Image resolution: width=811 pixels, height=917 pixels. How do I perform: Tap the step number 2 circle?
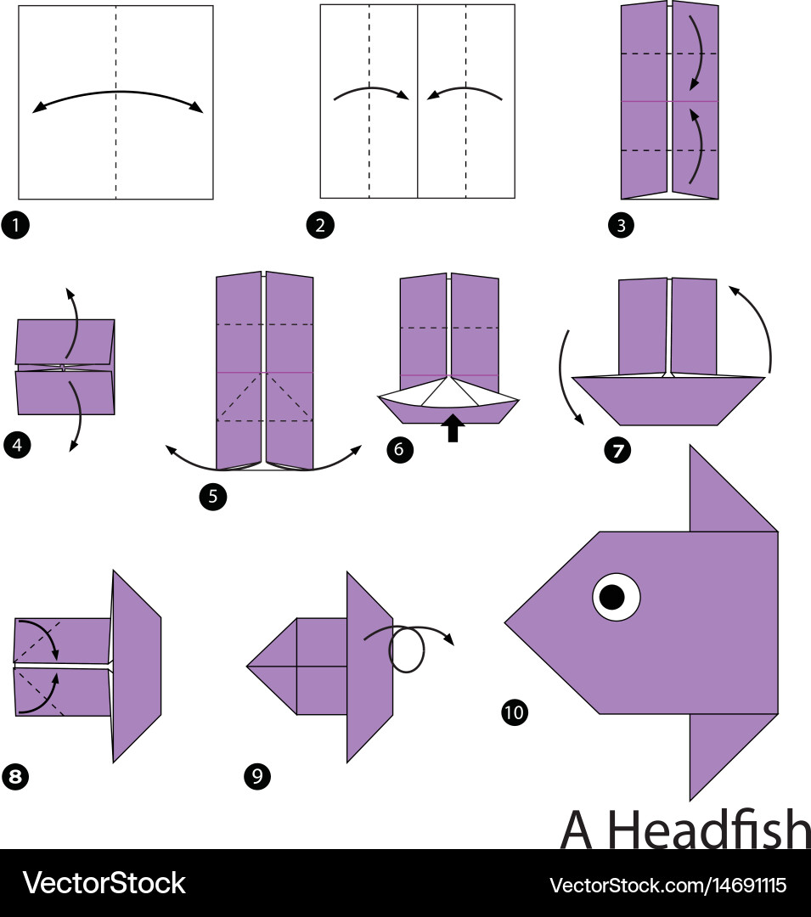320,226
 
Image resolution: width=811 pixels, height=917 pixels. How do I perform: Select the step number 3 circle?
622,226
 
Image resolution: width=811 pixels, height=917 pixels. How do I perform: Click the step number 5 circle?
213,497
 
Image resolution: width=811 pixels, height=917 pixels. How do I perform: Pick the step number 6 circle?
400,450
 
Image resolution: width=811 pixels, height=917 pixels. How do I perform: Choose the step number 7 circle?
617,451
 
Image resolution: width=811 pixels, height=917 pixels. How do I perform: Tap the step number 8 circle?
15,775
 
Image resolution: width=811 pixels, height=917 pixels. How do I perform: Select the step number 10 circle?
514,712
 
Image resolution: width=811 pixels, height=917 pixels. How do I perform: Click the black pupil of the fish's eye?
611,598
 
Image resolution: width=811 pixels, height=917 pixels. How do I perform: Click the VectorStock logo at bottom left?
104,883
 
